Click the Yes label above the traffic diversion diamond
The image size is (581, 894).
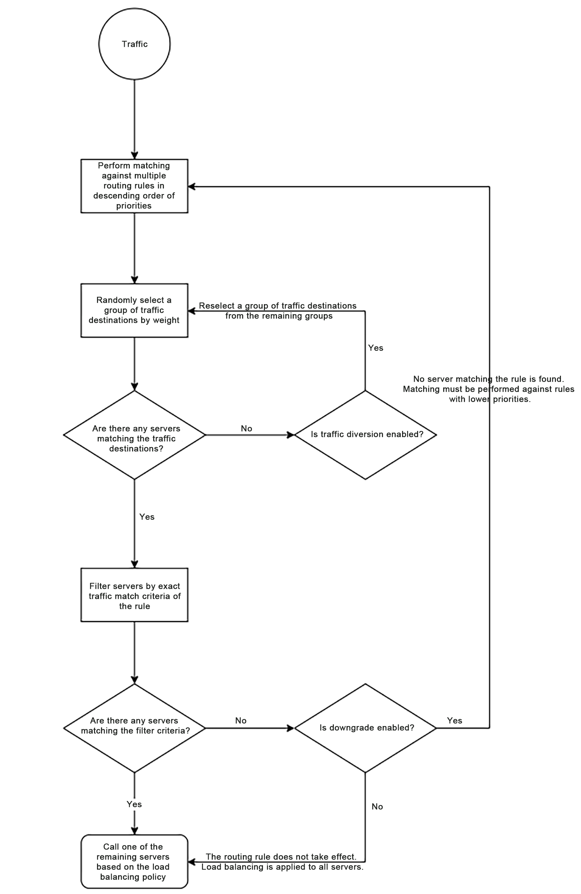[376, 348]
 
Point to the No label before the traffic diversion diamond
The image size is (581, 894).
[247, 428]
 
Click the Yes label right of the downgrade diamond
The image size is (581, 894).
[455, 720]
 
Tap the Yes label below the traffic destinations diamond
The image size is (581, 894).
[147, 517]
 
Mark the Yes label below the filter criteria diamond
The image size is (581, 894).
[134, 804]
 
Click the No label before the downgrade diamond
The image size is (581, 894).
[241, 720]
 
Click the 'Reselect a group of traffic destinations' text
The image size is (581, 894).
[278, 310]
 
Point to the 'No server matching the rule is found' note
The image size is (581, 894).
[489, 389]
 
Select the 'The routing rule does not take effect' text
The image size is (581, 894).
[282, 862]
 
